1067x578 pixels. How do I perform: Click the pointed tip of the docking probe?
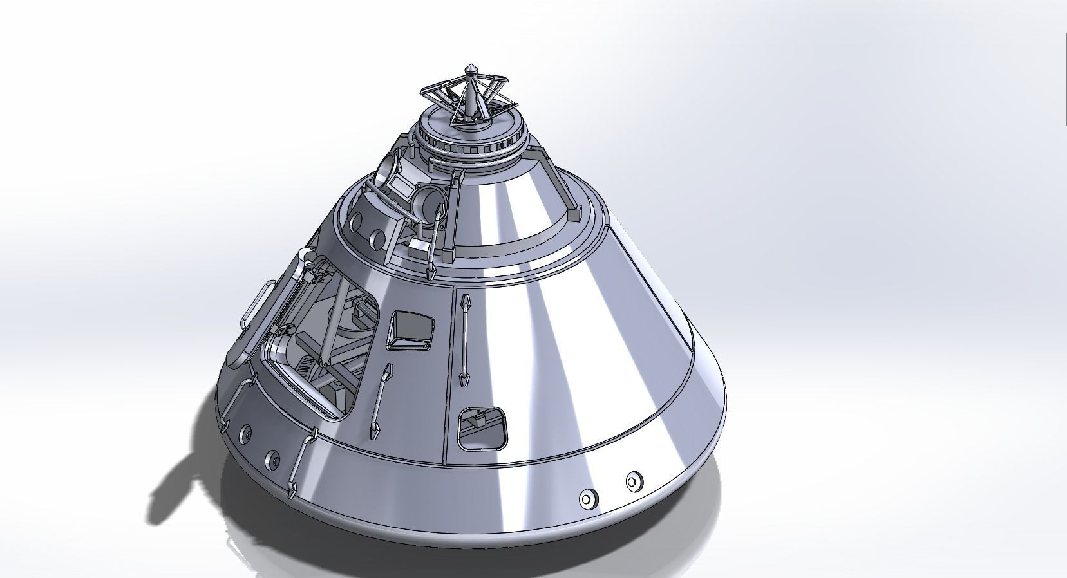472,66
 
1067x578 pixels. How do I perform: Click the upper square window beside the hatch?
411,330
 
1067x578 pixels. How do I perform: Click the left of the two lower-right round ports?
587,498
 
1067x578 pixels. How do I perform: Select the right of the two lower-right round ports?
634,481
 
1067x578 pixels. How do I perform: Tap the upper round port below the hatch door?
245,436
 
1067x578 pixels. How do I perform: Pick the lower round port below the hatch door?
271,459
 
